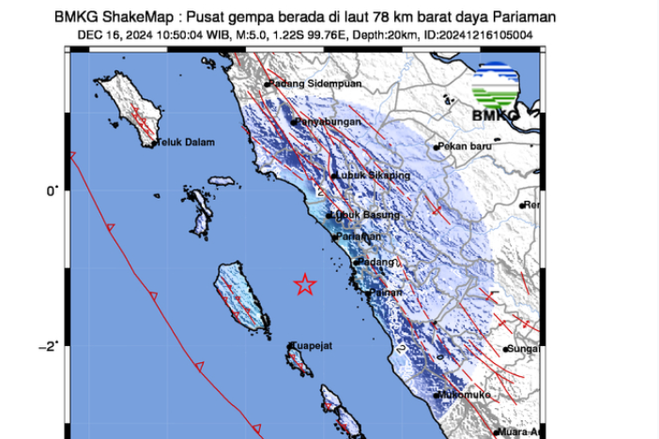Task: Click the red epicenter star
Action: (305, 284)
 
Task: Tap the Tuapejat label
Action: (313, 346)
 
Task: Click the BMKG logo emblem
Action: (495, 85)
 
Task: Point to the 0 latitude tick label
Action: (49, 191)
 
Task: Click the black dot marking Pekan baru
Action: (436, 147)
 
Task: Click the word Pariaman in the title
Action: (526, 18)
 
